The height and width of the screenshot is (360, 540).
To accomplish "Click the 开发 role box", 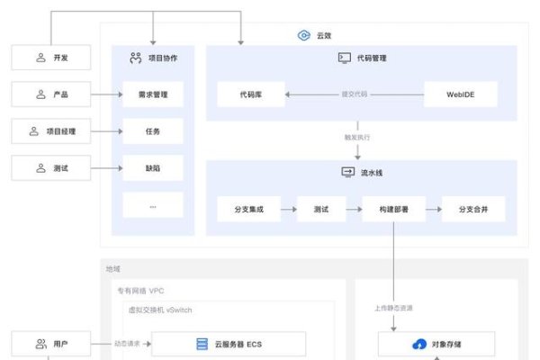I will click(51, 58).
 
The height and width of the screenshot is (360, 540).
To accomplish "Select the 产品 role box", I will click(51, 94).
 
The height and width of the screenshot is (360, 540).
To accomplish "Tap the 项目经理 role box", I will click(51, 131).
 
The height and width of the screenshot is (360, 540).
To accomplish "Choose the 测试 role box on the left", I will click(51, 167).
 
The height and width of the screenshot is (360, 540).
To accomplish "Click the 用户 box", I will click(51, 344).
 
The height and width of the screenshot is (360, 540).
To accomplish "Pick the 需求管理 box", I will click(153, 94).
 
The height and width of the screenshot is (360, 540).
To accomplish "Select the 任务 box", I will click(153, 131).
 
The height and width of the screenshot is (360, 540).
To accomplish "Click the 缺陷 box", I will click(153, 167).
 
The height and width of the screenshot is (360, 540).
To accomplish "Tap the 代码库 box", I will click(251, 94).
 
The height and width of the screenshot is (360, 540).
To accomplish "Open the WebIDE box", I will click(461, 94).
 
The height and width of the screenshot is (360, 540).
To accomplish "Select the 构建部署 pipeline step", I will click(393, 210).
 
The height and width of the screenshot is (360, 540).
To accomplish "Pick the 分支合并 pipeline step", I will click(473, 210).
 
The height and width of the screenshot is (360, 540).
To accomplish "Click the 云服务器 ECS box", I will click(228, 344).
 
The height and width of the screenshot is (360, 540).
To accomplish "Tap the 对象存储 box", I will click(437, 344).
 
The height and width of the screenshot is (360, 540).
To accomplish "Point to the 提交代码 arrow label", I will click(354, 94).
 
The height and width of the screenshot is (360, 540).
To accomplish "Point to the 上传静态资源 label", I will click(394, 308).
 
